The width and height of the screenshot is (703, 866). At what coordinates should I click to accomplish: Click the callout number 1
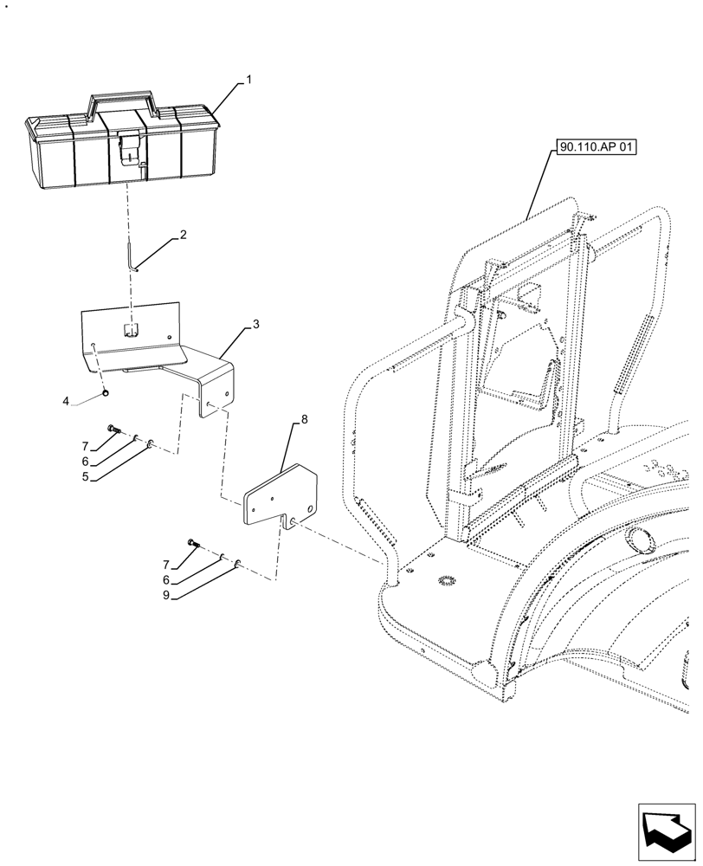coord(248,80)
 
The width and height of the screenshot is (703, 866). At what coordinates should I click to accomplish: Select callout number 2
coord(183,235)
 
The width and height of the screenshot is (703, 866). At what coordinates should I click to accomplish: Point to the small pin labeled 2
coord(132,258)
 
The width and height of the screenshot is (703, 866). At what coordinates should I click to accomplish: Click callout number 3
coord(255,324)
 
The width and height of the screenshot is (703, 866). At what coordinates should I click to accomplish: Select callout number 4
coord(66,401)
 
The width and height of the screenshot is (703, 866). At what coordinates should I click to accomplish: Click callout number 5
coord(86,475)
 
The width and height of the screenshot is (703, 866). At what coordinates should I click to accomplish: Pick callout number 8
coord(304,420)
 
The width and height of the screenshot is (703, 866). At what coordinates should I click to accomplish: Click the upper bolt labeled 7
coord(112,428)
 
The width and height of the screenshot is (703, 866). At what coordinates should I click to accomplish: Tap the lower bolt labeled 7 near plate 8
coord(192,543)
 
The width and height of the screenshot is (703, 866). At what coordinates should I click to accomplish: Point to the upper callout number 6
coord(86,461)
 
